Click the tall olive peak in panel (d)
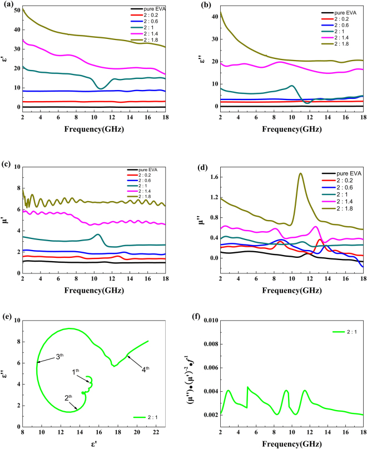point(301,174)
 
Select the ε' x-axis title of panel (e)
point(90,443)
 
